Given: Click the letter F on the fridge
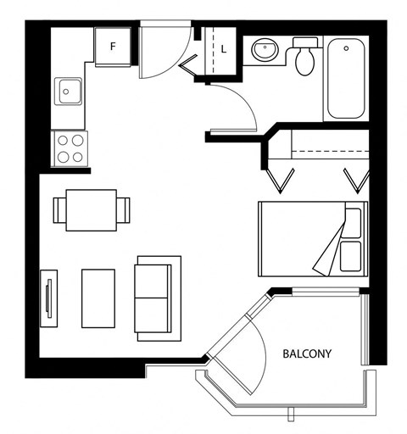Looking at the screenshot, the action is (113, 46).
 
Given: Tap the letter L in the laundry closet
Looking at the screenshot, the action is (224, 49).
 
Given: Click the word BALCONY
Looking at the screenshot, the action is (307, 353).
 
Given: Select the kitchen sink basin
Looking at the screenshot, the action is (70, 92).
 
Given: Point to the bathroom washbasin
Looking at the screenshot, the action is (265, 49).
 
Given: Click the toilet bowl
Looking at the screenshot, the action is (304, 61).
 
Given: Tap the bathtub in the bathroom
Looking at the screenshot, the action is (346, 78).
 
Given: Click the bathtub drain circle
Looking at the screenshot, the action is (346, 48).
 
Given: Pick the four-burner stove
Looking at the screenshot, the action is (70, 148).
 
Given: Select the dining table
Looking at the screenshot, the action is (92, 210).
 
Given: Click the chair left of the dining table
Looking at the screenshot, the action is (59, 210).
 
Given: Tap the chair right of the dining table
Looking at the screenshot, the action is (124, 210).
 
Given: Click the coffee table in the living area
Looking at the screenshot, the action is (98, 298).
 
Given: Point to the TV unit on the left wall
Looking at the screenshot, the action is (49, 298).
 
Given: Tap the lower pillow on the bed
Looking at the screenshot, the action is (351, 256).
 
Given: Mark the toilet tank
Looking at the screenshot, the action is (304, 42).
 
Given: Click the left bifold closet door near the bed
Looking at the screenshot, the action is (281, 181).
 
